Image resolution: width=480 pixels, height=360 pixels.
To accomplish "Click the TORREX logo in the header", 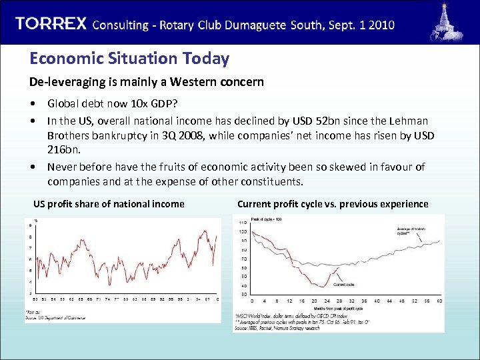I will click(x=51, y=24).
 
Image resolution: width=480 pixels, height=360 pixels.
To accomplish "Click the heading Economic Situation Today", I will click(x=129, y=59).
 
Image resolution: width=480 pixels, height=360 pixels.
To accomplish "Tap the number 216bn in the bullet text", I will click(x=63, y=151).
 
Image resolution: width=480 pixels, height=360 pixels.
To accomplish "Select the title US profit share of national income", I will click(x=109, y=204).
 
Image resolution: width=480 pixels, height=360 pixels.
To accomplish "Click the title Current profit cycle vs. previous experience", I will click(x=333, y=204).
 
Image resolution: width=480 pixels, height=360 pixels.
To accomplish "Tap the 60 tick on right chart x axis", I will click(x=439, y=301).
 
